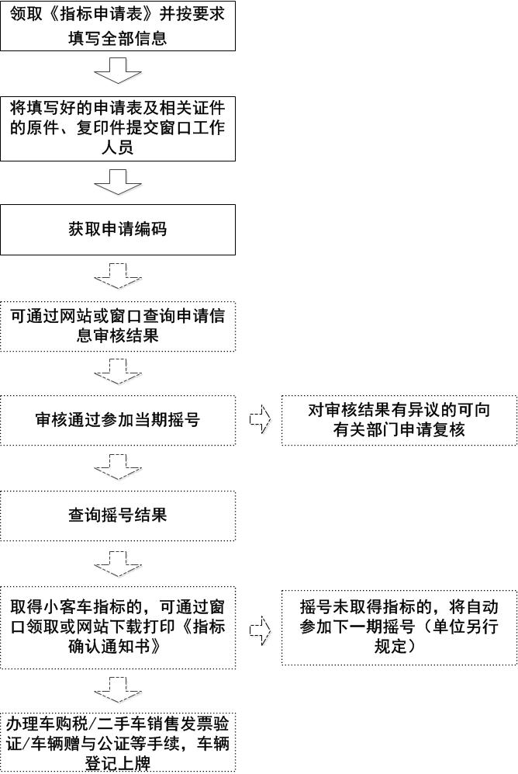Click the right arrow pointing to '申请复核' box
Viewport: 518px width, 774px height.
[261, 419]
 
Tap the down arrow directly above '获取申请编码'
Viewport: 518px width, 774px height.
[118, 182]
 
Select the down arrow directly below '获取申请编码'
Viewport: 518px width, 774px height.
[118, 276]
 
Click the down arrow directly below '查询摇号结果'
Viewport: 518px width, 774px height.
[118, 564]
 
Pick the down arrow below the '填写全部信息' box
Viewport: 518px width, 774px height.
[118, 71]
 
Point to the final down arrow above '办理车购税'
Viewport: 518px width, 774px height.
[118, 690]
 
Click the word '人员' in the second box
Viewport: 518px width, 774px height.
[118, 148]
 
